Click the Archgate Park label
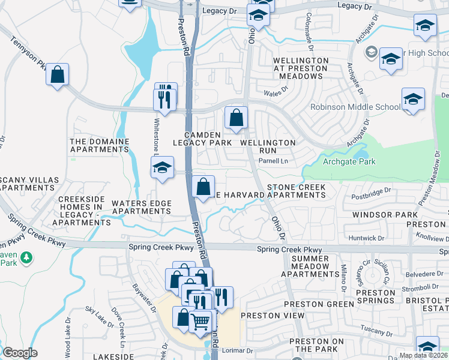349,161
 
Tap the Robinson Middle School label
355,107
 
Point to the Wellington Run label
268,147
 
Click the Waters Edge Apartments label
142,208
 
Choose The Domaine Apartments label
100,146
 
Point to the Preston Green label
322,304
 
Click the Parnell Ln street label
273,161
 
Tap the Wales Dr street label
276,92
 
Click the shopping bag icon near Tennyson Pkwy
57,76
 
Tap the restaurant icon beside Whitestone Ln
166,97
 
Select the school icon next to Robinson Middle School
413,100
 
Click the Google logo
20,353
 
